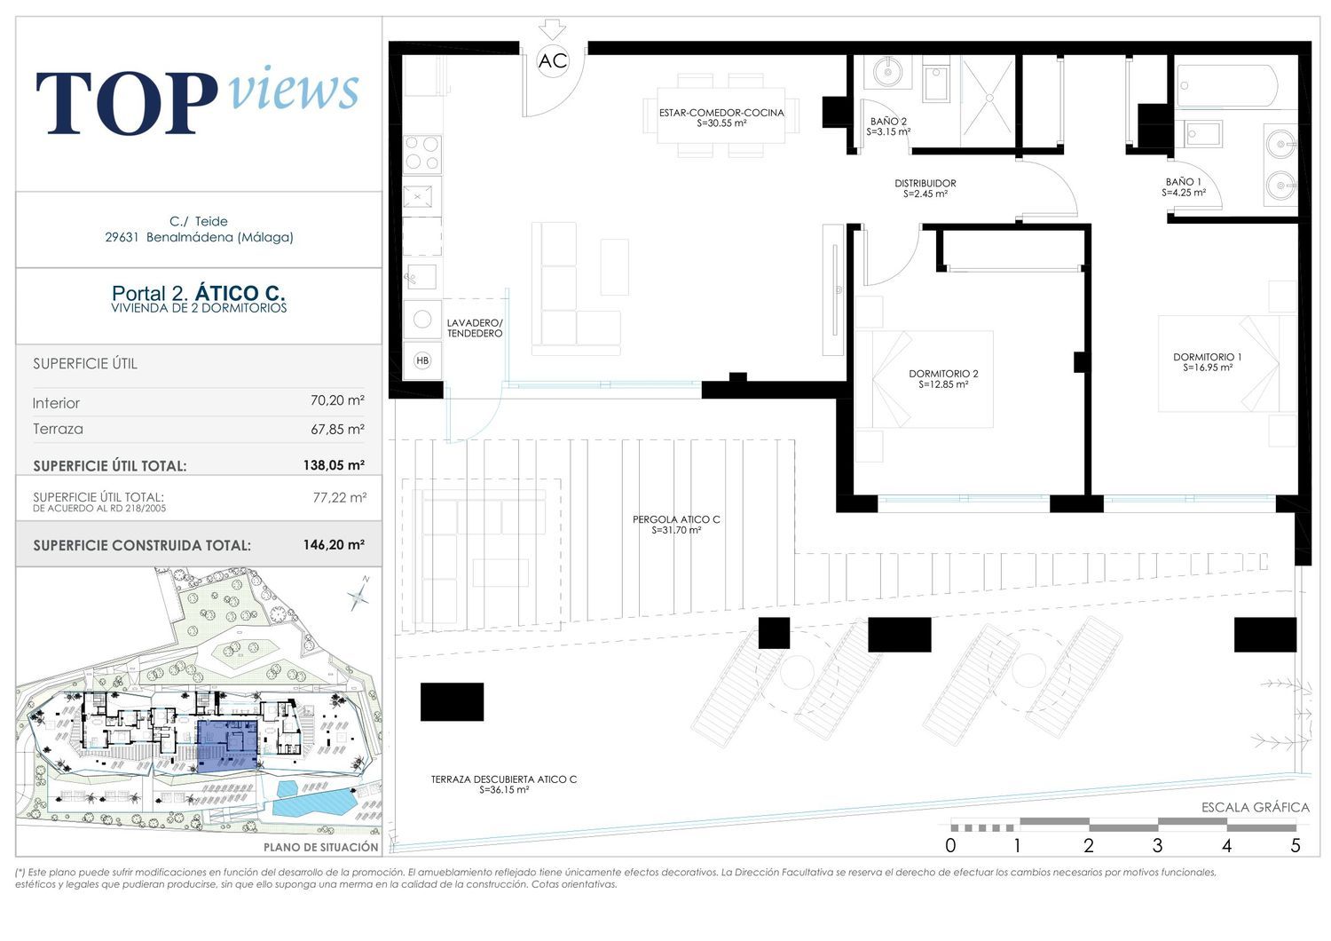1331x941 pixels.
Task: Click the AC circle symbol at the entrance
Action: tap(553, 60)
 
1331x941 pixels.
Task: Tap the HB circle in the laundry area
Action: tap(422, 360)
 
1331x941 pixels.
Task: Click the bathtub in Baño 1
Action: tap(1226, 86)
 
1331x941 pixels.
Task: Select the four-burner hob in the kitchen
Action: tap(422, 154)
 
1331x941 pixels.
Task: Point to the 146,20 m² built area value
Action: tap(334, 544)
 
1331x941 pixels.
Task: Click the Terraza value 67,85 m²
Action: tap(337, 429)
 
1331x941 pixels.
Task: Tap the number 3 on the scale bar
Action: tap(1157, 845)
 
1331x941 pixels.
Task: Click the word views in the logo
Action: tap(294, 89)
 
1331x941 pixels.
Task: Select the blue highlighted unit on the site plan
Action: tap(227, 747)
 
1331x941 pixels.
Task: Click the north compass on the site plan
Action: tap(358, 593)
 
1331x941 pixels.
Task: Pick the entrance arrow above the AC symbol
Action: tap(553, 29)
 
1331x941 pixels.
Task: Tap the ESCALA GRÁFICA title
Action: tap(1256, 807)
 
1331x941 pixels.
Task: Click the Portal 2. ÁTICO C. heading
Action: tap(199, 293)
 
